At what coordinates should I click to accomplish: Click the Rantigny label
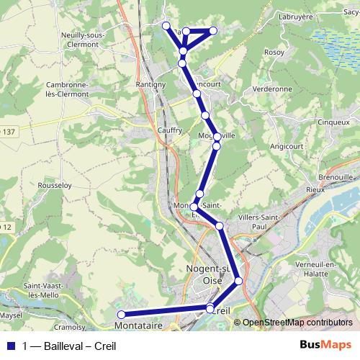(151, 84)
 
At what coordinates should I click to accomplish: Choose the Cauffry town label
(170, 130)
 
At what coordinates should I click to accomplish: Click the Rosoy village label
(274, 52)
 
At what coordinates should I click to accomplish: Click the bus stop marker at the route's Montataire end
(122, 314)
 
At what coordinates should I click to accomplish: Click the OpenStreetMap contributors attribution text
(297, 323)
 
